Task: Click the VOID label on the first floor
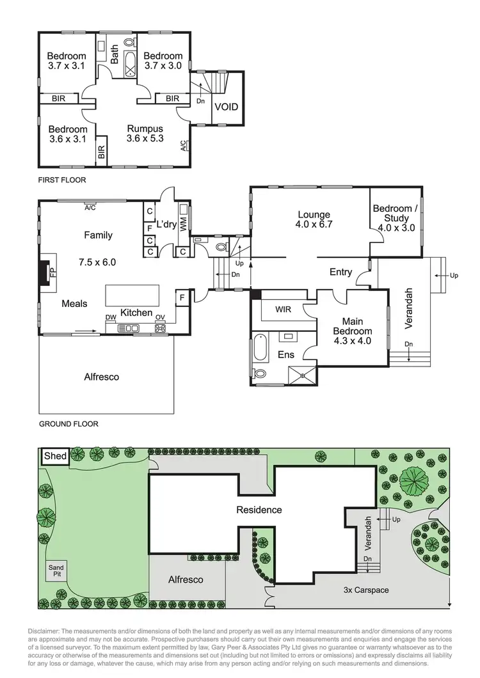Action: point(226,106)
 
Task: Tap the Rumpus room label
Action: point(145,133)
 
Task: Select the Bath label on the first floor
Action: point(115,57)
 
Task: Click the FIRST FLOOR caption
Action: point(62,180)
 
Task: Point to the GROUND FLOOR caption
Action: point(68,424)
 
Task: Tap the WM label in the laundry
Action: point(184,225)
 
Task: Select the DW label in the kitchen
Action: point(110,318)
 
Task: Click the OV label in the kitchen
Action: point(160,318)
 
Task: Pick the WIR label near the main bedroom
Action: point(283,310)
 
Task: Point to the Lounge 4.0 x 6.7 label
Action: point(313,219)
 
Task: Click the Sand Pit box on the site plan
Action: point(56,570)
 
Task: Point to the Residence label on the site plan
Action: point(259,510)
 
